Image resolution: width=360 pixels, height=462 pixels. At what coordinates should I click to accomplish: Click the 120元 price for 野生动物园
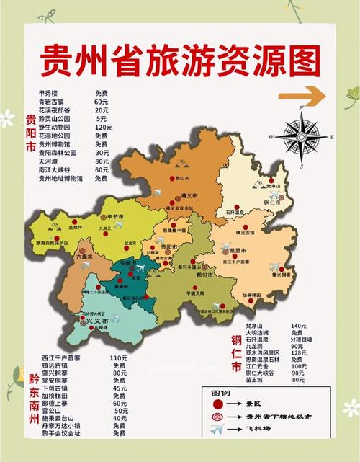pos(101,127)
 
